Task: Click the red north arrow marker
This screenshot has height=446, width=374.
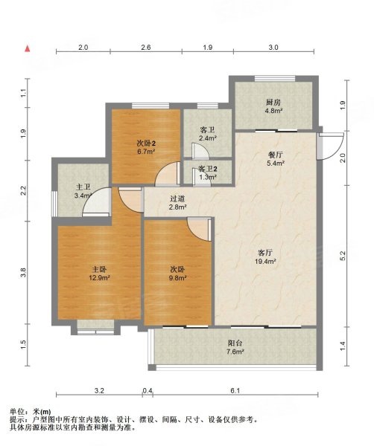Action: [28, 48]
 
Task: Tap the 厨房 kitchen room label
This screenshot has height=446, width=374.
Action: [273, 103]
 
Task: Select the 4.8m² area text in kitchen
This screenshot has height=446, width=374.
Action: [273, 111]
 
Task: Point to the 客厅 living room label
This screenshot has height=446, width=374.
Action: [265, 253]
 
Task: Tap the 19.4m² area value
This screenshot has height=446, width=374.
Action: [265, 261]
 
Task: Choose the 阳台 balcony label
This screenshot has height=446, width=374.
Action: [235, 343]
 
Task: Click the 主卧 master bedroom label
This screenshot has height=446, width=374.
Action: [99, 269]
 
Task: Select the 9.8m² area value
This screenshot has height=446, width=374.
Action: [178, 277]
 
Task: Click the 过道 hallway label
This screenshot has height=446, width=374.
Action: [178, 198]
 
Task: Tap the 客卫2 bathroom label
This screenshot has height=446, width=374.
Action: [208, 169]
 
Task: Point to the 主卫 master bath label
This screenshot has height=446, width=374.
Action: [83, 187]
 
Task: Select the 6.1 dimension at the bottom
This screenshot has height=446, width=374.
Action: [235, 391]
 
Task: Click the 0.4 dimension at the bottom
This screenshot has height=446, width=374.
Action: [148, 391]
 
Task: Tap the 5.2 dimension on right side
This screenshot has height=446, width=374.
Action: [343, 256]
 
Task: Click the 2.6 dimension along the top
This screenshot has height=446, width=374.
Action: [146, 48]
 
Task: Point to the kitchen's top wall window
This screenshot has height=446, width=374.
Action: [275, 79]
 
